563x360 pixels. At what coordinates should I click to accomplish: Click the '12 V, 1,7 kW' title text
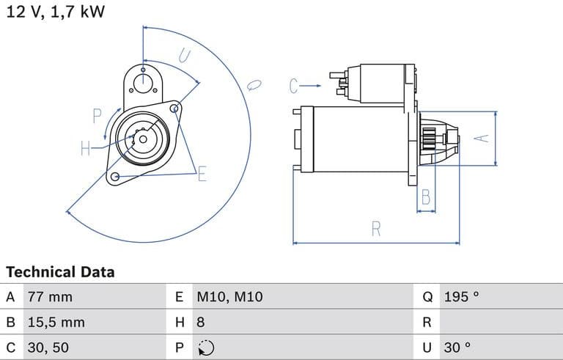tap(55, 12)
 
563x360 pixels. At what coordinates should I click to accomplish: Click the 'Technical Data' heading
tap(60, 272)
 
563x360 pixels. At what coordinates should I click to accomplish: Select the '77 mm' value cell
tap(50, 297)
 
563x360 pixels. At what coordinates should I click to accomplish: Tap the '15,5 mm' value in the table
tap(56, 322)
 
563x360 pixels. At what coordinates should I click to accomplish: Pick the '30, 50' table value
tap(48, 347)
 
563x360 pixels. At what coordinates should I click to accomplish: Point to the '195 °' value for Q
tap(461, 297)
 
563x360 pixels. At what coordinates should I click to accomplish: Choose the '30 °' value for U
tap(457, 347)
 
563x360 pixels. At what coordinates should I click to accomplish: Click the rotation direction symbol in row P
tap(205, 348)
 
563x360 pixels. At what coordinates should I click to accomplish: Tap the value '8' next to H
tap(200, 322)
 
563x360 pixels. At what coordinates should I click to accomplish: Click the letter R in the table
tap(427, 322)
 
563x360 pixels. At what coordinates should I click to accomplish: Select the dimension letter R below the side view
tap(376, 229)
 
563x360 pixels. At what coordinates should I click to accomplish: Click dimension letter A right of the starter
tap(482, 138)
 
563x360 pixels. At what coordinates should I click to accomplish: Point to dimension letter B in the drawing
tap(425, 196)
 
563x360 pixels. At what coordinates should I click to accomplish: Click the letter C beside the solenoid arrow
tap(294, 87)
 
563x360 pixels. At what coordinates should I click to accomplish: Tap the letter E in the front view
tap(202, 174)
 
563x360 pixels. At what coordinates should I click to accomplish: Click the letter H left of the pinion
tap(85, 149)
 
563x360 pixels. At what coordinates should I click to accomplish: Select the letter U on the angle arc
tap(184, 56)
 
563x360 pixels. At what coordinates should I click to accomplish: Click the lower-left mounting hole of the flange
tap(114, 177)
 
